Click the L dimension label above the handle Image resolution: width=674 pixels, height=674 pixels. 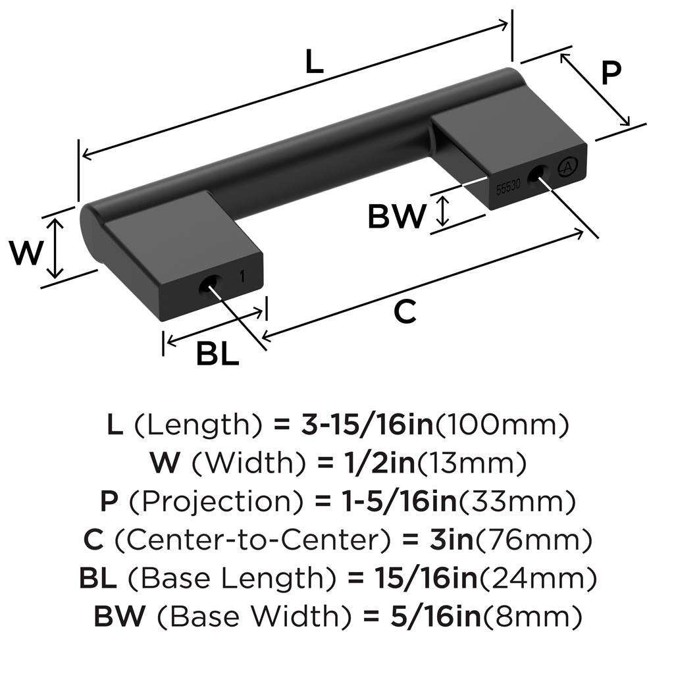pos(315,63)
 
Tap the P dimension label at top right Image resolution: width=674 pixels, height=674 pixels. pos(611,73)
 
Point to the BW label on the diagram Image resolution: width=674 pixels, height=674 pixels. pos(397,216)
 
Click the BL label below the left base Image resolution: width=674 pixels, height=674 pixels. pos(217,355)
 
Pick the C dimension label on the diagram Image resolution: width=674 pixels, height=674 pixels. pos(405,311)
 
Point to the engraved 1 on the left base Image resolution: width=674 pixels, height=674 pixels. pos(243,277)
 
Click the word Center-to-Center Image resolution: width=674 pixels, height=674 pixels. pos(251,540)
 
